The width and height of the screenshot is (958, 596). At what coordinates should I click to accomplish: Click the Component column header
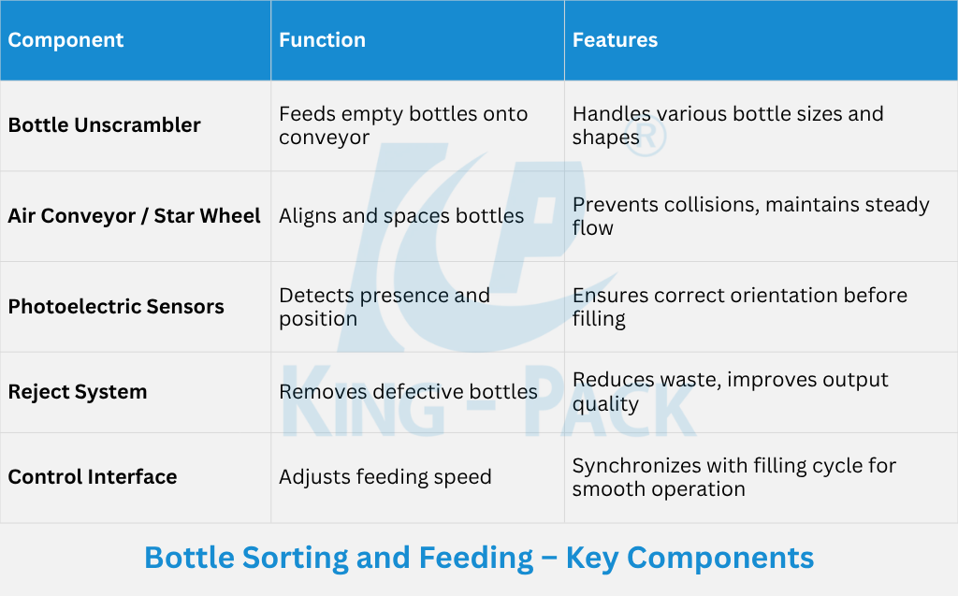tap(65, 40)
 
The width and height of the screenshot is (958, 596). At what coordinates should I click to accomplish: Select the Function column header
tap(322, 40)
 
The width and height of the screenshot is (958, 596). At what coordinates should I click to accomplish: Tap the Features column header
tap(615, 40)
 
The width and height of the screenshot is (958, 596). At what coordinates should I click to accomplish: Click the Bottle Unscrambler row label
tap(104, 125)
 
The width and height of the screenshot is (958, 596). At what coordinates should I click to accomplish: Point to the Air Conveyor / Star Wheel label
tap(134, 216)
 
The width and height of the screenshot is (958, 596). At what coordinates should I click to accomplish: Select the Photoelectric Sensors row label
tap(116, 306)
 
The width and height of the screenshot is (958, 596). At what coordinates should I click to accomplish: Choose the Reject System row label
tap(78, 392)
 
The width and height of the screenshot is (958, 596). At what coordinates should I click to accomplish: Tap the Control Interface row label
tap(93, 477)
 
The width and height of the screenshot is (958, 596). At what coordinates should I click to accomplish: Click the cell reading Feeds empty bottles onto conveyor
tap(403, 125)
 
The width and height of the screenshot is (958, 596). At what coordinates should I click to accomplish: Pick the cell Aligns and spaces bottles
tap(401, 216)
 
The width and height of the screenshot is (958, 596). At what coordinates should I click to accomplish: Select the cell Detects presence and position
tap(385, 307)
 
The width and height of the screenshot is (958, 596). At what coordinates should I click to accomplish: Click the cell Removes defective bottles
tap(408, 392)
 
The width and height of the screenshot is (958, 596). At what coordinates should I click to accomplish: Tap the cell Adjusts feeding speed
tap(385, 477)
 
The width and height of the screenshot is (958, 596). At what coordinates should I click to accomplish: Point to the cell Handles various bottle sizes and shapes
tap(728, 125)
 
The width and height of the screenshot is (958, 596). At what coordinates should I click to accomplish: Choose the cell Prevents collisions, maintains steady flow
tap(751, 216)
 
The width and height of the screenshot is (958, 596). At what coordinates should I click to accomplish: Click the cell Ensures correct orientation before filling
tap(740, 307)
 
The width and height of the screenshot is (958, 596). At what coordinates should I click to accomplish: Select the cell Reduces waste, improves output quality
tap(730, 392)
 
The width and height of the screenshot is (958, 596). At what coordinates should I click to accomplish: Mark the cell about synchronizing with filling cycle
tap(733, 477)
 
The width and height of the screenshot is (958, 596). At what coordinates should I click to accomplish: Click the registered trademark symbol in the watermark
tap(646, 137)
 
